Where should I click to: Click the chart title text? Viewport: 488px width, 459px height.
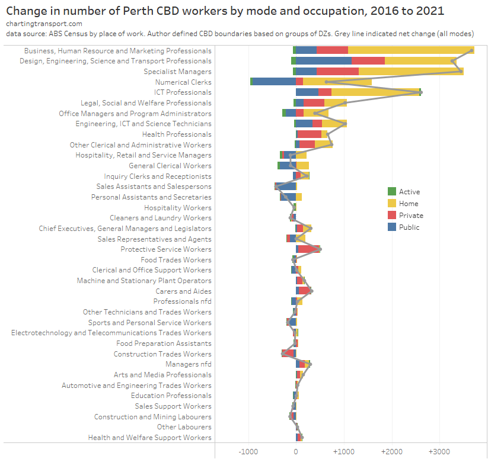click(225, 11)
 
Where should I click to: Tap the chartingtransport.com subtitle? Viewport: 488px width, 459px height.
click(44, 24)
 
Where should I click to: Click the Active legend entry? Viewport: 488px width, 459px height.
click(409, 192)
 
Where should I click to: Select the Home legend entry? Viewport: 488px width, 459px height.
click(409, 204)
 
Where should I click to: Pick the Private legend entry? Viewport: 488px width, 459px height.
click(411, 216)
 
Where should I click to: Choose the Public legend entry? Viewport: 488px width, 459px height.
click(409, 227)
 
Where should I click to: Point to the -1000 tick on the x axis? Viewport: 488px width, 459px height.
click(247, 451)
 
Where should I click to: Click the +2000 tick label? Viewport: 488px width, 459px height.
click(391, 451)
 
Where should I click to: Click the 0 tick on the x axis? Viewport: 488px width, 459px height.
click(296, 451)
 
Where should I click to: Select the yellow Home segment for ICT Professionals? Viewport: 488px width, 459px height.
click(375, 92)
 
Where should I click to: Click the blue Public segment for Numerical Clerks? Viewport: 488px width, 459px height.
click(274, 82)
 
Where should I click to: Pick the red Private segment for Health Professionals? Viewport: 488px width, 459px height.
click(309, 134)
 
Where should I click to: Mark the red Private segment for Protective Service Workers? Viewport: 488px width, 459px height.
click(309, 249)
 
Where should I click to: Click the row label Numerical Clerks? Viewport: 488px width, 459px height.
click(183, 82)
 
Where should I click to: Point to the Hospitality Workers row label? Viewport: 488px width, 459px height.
click(177, 208)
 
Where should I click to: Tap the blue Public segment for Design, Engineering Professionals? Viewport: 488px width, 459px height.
click(324, 61)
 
